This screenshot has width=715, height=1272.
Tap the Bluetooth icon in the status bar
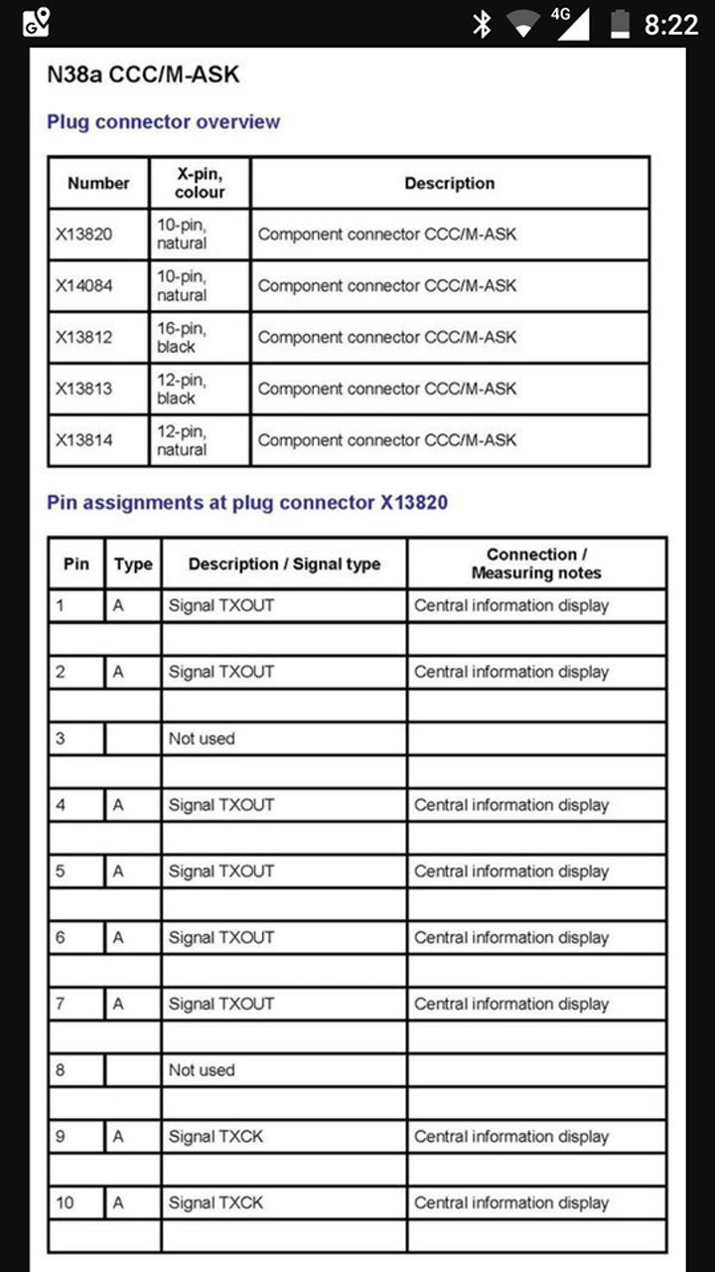pos(482,23)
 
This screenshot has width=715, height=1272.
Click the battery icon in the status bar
pos(621,23)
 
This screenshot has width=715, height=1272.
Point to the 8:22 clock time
pos(671,24)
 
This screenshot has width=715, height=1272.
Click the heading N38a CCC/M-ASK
pos(144,75)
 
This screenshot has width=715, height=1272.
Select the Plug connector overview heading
pos(164,122)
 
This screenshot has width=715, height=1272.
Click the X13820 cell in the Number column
pos(84,235)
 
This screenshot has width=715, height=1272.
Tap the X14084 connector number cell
pos(84,286)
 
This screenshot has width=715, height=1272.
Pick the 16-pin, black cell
pos(182,337)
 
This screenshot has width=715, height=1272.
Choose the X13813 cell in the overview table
pos(84,389)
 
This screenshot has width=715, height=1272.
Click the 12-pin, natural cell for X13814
pos(182,440)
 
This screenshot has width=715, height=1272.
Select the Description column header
pos(449,184)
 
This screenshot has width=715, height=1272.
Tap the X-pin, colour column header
pos(200,183)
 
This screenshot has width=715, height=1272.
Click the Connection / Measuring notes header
pos(536,563)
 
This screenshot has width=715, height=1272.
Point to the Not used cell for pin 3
pos(202,738)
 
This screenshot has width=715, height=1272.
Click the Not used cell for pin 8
pos(202,1070)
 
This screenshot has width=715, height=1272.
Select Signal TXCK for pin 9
pos(215,1137)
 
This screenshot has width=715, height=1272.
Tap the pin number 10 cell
pos(66,1202)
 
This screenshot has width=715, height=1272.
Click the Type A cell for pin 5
pos(118,872)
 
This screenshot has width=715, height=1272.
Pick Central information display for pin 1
pos(511,605)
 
